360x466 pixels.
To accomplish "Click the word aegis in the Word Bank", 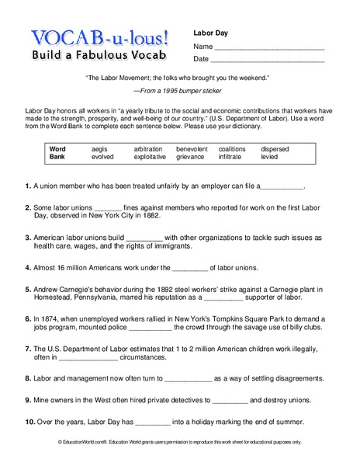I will click(x=101, y=148).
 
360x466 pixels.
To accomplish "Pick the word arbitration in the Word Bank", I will click(x=148, y=148).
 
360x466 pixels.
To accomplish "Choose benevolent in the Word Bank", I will click(x=192, y=148).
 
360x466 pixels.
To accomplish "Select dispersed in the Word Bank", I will click(x=275, y=148).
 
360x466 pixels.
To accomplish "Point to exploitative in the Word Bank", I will click(x=150, y=157).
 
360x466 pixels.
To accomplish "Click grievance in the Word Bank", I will click(x=191, y=157).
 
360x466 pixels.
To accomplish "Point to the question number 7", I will click(x=27, y=349).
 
